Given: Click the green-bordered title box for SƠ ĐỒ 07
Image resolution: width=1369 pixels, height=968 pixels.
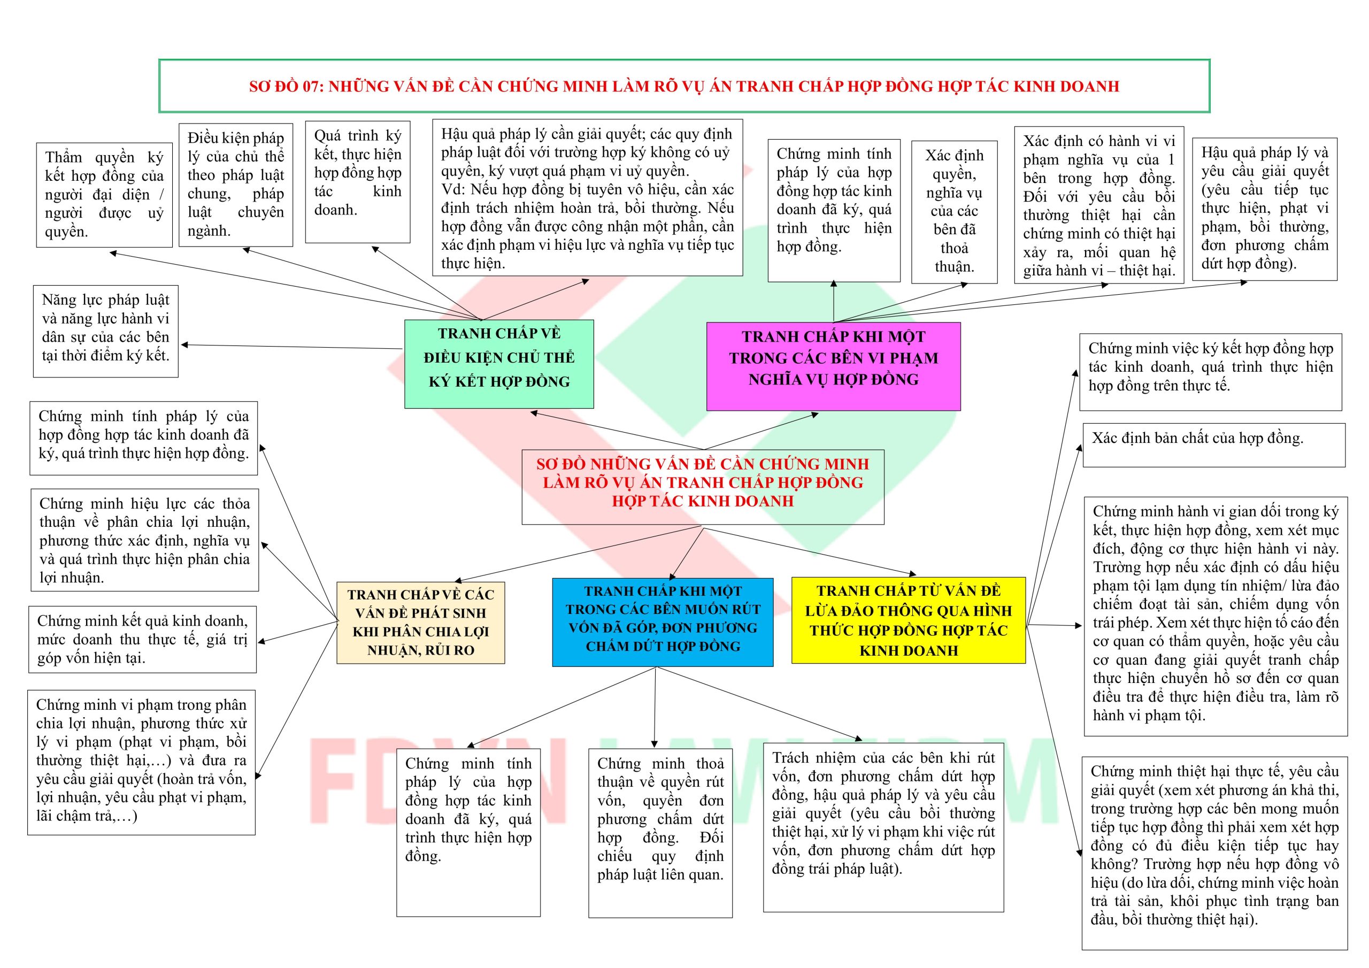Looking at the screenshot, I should pyautogui.click(x=684, y=86).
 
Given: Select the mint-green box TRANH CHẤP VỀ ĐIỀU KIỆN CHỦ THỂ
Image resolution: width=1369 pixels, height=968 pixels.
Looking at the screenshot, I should pyautogui.click(x=499, y=364).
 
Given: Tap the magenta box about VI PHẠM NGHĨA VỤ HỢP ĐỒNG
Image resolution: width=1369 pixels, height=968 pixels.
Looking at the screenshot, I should pyautogui.click(x=833, y=366).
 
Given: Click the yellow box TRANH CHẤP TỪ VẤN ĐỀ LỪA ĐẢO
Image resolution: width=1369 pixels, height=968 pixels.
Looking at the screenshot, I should pyautogui.click(x=908, y=620).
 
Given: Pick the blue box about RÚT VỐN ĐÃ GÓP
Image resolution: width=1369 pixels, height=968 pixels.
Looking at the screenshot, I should pyautogui.click(x=663, y=621).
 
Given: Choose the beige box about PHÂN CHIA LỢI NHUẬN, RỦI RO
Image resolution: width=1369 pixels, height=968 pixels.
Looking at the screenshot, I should pyautogui.click(x=420, y=623).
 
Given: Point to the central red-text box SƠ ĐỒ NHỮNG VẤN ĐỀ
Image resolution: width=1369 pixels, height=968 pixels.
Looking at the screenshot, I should pyautogui.click(x=702, y=487).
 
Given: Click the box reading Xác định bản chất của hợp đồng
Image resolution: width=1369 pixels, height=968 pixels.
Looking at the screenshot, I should pyautogui.click(x=1213, y=445).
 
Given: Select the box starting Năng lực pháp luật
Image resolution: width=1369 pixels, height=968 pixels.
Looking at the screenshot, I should pyautogui.click(x=105, y=331).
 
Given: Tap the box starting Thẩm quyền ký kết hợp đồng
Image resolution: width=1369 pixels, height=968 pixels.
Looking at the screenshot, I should pyautogui.click(x=104, y=195).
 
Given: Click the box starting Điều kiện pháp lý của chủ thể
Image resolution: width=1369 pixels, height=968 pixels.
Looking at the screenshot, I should pyautogui.click(x=235, y=185).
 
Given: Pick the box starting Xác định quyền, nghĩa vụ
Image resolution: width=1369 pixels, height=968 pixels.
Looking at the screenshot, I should pyautogui.click(x=954, y=212).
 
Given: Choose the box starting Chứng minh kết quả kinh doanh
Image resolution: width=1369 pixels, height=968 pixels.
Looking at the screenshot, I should pyautogui.click(x=142, y=640).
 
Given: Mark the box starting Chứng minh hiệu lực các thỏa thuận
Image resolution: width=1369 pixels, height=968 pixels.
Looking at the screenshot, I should pyautogui.click(x=144, y=540).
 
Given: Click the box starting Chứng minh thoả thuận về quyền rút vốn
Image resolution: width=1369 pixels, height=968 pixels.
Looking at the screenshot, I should pyautogui.click(x=660, y=833).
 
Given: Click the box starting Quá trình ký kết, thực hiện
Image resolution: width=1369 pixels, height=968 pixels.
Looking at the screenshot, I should pyautogui.click(x=358, y=182).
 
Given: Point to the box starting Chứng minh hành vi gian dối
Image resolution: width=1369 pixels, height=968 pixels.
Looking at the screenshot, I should pyautogui.click(x=1215, y=616).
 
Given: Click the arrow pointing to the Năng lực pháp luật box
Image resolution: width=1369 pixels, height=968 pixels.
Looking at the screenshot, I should pyautogui.click(x=292, y=347).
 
